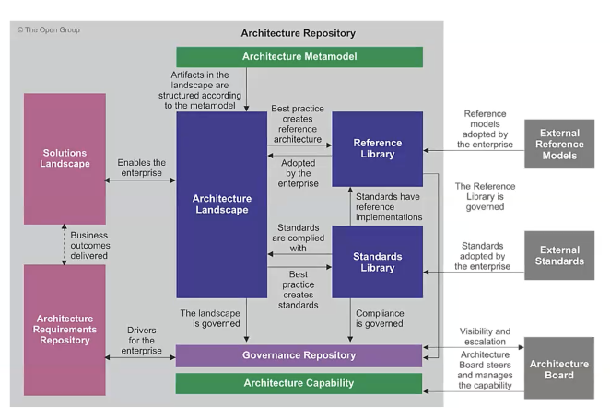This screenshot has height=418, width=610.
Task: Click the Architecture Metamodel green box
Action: point(299,57)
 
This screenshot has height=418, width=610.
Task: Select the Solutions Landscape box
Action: point(65,157)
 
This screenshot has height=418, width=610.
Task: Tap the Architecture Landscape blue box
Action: point(220,203)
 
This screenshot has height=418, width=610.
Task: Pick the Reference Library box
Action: point(377,148)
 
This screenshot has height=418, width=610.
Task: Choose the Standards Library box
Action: point(377,261)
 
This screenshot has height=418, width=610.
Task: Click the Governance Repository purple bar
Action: point(299,355)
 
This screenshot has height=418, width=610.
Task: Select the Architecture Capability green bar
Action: point(299,383)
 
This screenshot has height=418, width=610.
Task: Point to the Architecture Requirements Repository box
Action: point(65,330)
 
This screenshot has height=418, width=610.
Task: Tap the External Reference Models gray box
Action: point(559,144)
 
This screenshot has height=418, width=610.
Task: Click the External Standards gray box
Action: point(559,255)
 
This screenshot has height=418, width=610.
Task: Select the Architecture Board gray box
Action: point(559,368)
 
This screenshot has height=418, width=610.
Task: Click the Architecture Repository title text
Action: point(298,33)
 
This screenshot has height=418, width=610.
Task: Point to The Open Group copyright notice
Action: point(49,29)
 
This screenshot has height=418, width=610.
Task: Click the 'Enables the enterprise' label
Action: point(141,168)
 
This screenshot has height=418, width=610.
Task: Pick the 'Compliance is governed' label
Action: point(379,318)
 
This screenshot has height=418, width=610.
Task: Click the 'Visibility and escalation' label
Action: point(485,336)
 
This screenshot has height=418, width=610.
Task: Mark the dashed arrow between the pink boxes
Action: point(65,244)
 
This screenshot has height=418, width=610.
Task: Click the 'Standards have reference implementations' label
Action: point(388,207)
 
